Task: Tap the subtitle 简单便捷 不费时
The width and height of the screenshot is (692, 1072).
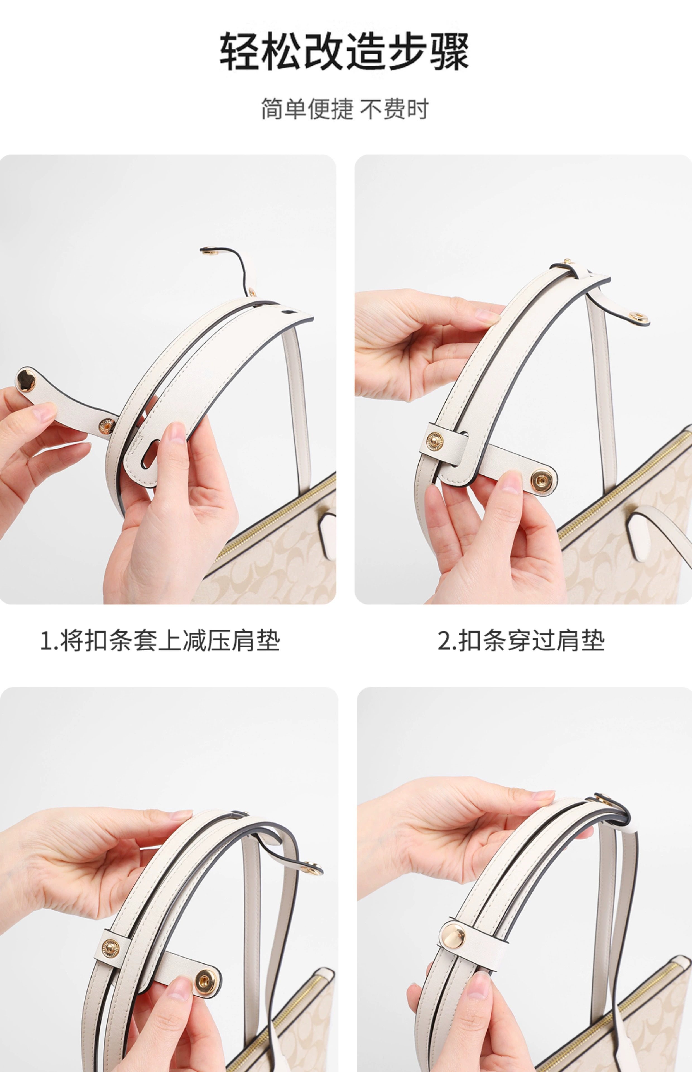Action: (345, 109)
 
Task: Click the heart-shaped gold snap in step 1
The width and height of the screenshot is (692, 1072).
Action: (27, 381)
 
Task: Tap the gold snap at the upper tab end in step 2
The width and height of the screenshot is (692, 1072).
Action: (638, 317)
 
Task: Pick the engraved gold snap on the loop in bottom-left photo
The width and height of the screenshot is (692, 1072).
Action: (110, 947)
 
